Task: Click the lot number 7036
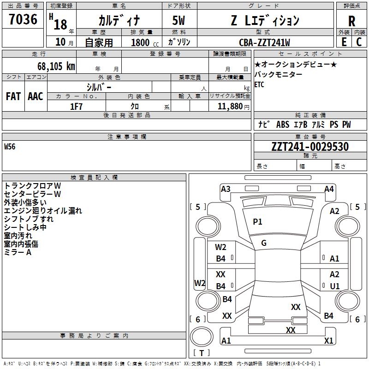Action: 23,19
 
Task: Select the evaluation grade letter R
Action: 351,21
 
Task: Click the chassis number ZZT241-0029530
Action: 310,147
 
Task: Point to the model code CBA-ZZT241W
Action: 264,42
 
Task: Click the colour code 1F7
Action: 76,106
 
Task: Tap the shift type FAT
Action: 13,96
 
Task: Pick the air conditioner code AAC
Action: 36,96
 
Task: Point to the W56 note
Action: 10,147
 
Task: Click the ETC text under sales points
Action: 259,84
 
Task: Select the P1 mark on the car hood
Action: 257,222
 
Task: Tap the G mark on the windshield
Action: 264,243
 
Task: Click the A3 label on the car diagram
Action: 226,189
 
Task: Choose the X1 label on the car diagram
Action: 329,341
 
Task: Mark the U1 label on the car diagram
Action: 335,286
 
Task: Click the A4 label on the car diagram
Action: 329,189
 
